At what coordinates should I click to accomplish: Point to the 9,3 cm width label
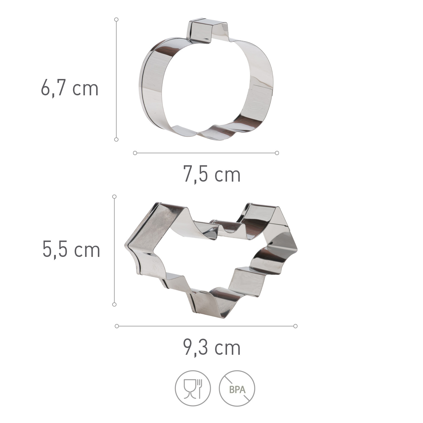(212, 347)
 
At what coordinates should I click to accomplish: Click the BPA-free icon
(237, 388)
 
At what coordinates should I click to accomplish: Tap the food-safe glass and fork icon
(193, 388)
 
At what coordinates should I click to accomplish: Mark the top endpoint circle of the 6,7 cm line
(116, 19)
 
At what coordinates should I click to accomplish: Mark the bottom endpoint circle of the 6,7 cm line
(116, 139)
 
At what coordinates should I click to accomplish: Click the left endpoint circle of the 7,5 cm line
(135, 153)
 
